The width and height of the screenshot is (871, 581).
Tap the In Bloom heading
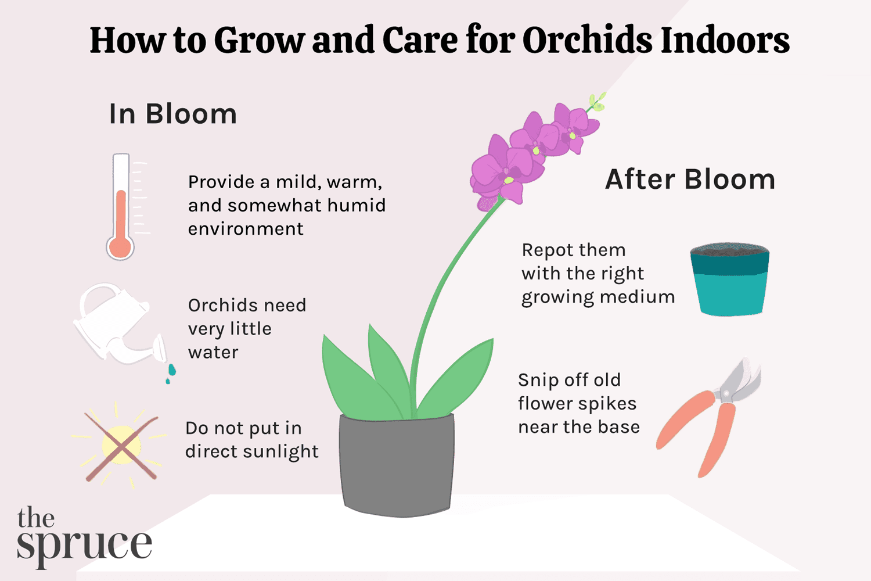click(x=173, y=114)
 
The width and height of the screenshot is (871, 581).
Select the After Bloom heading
click(x=690, y=180)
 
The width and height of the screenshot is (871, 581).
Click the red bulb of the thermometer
click(x=120, y=247)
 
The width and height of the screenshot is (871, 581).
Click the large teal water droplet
click(x=171, y=370)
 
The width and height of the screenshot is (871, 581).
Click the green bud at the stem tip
click(x=596, y=102)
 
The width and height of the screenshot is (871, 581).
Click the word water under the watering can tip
click(x=213, y=353)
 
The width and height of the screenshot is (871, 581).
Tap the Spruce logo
click(x=84, y=536)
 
